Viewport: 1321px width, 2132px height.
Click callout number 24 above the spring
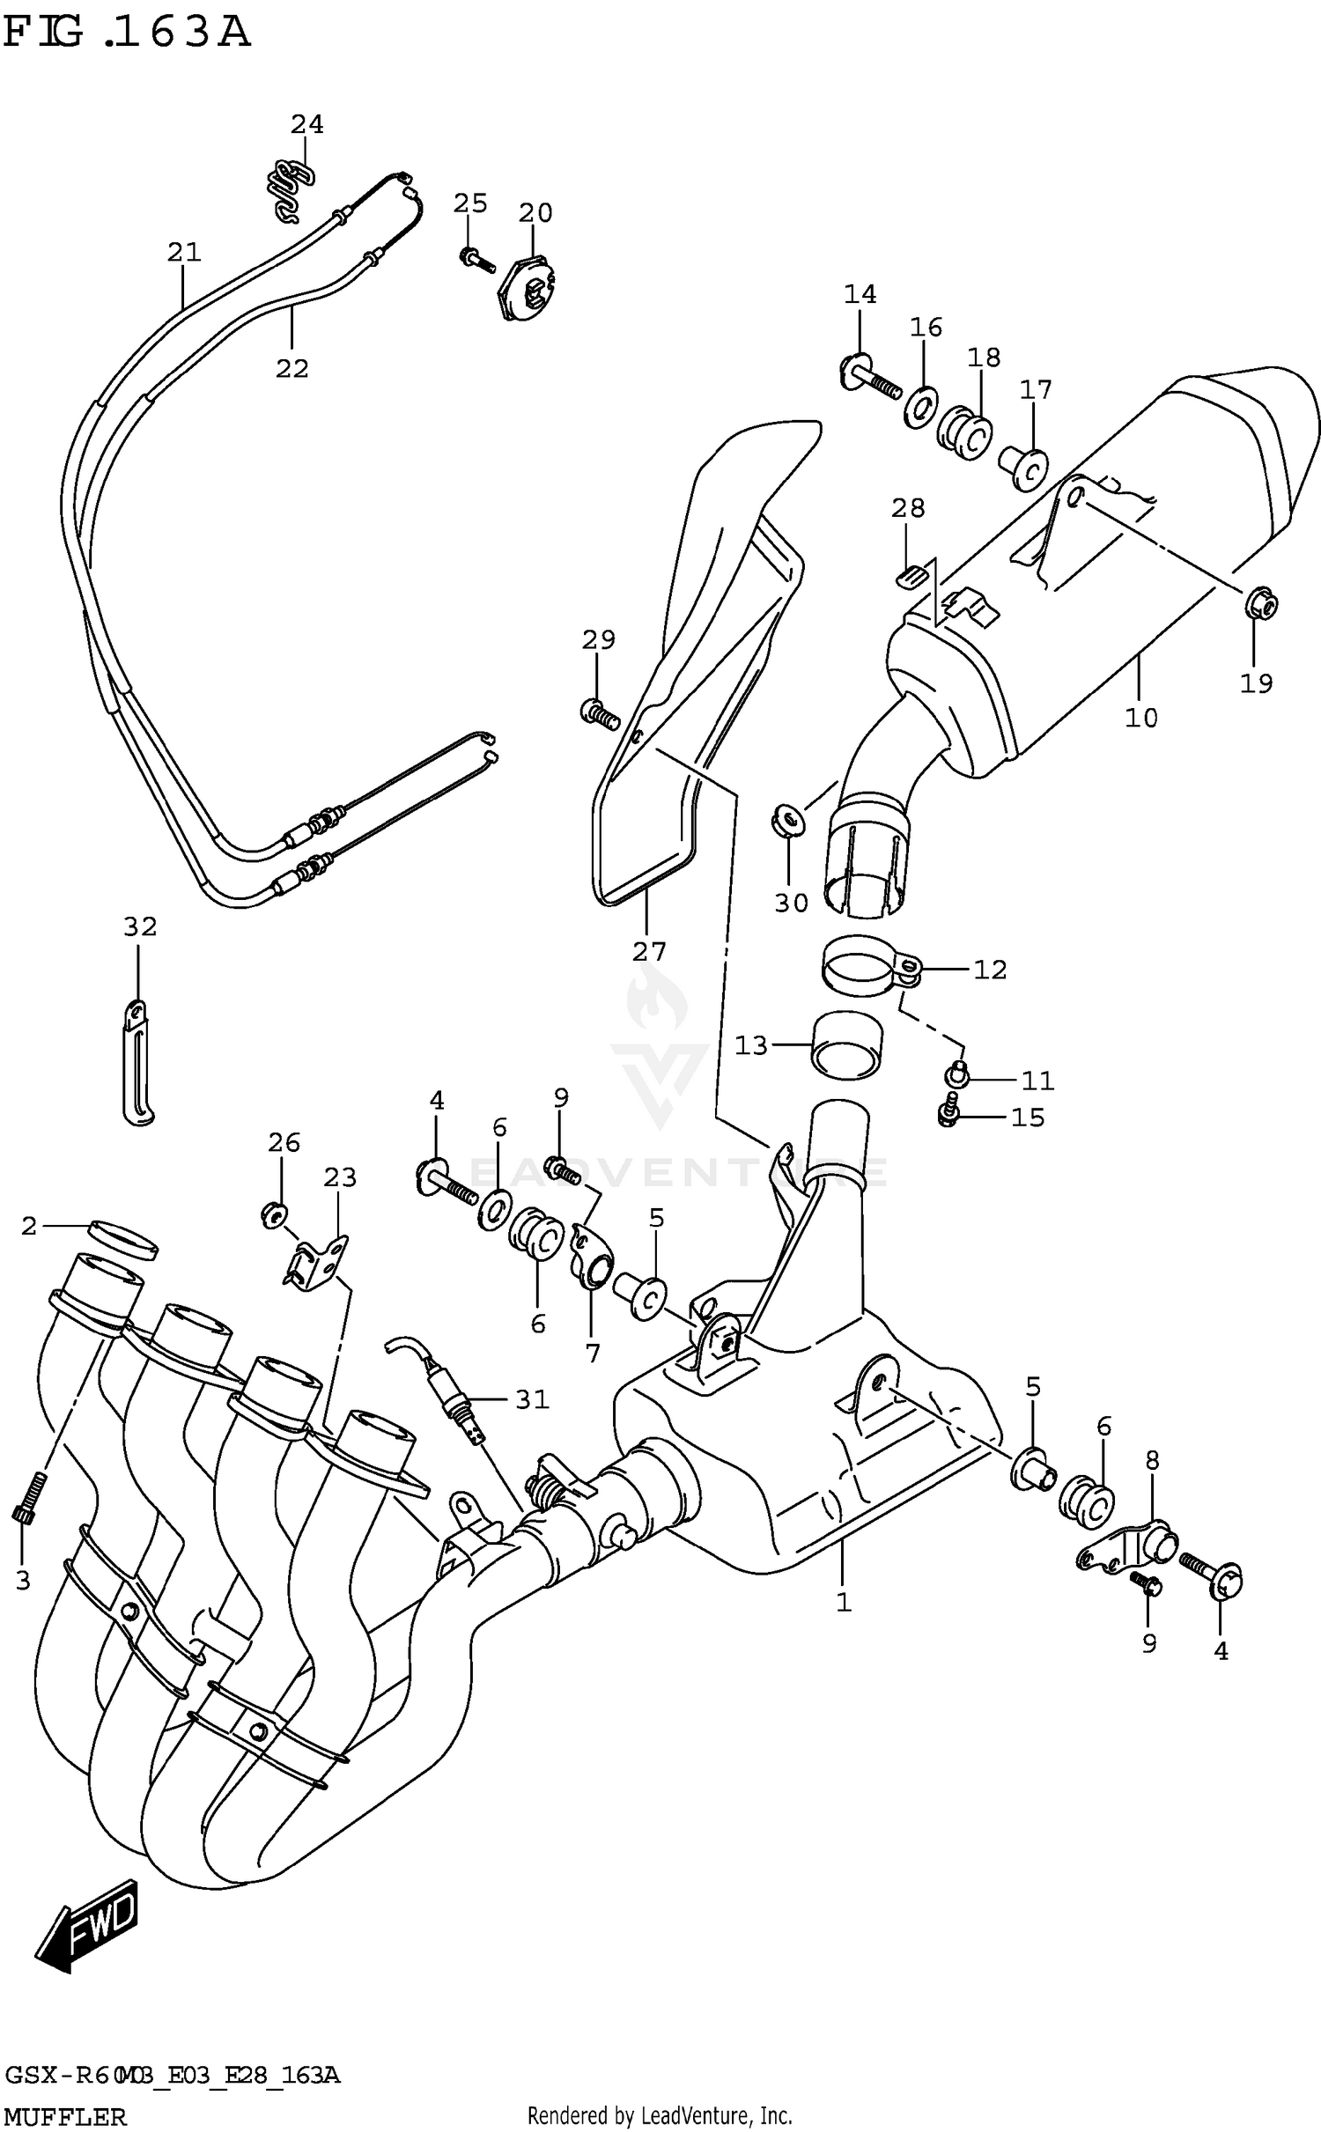307,124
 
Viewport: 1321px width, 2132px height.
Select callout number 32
140,926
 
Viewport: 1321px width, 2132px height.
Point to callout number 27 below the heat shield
649,951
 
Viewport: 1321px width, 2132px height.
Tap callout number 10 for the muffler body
1140,718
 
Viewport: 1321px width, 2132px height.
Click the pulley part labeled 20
528,288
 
